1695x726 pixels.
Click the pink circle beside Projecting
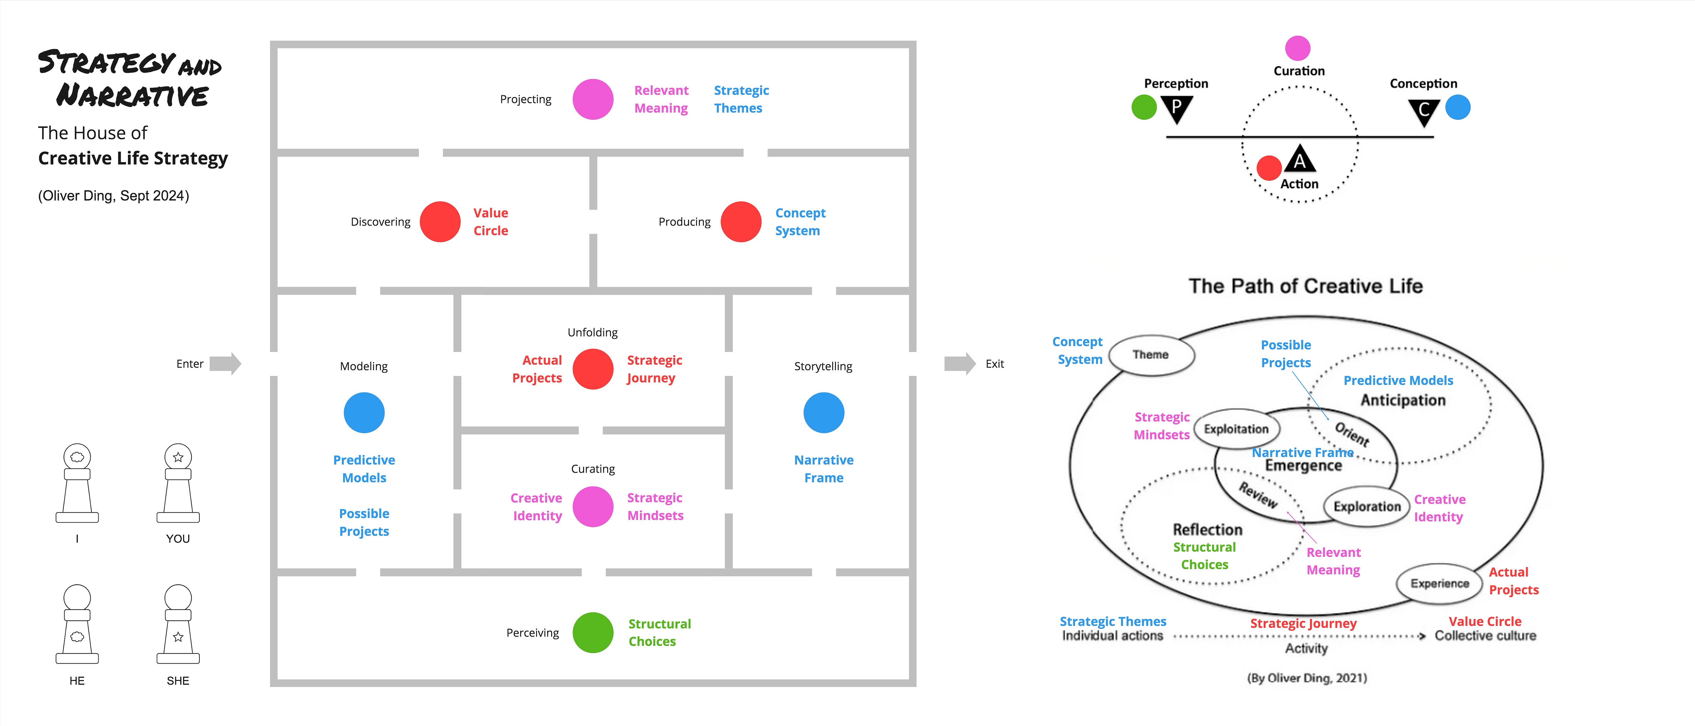(x=593, y=99)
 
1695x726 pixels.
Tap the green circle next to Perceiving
(x=593, y=633)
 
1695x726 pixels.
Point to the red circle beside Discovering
(x=440, y=222)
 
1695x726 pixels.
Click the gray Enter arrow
(x=226, y=364)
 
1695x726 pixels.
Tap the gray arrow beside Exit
(x=960, y=364)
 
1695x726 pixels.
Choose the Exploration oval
(x=1367, y=506)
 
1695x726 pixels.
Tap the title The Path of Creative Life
(x=1305, y=286)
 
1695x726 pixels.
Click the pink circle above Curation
(x=1298, y=48)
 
